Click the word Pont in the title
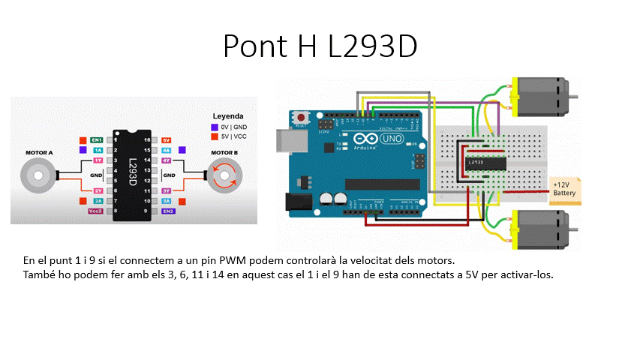(x=251, y=46)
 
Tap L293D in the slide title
(x=371, y=46)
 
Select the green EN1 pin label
(x=97, y=140)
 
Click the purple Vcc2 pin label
(x=95, y=211)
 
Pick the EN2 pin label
(x=167, y=211)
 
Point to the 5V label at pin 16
(x=167, y=140)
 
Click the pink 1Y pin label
(x=98, y=160)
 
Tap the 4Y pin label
(x=167, y=160)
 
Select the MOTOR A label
(x=39, y=152)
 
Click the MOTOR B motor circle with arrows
(x=224, y=177)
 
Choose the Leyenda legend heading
(x=228, y=116)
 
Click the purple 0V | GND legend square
(x=215, y=127)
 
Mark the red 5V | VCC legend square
(x=215, y=136)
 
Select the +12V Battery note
(x=564, y=188)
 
